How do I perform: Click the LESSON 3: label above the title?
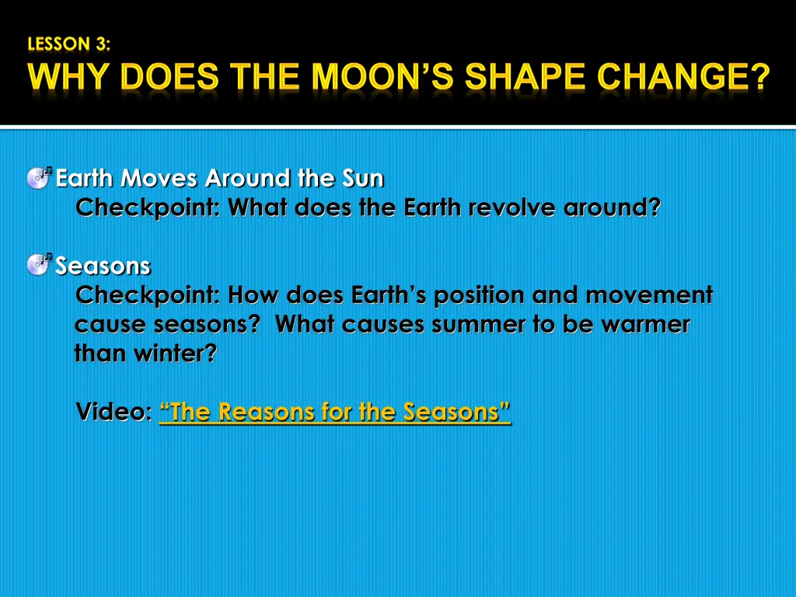68,44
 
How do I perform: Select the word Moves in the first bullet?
159,178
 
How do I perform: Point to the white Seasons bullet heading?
103,266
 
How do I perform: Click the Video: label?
113,411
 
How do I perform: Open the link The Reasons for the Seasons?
334,412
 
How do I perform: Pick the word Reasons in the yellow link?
267,412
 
